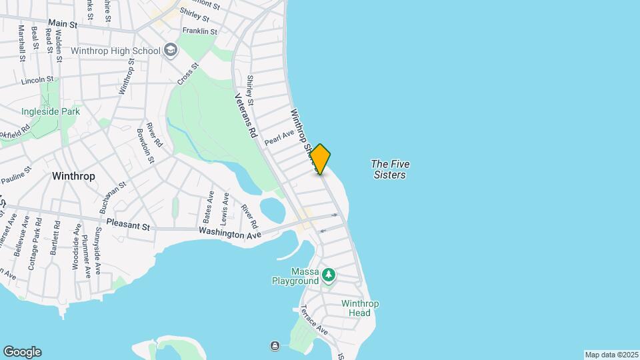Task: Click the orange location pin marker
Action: coord(321,159)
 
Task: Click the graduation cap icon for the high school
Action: coord(171,50)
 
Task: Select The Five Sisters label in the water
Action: coord(390,169)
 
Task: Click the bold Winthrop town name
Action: coord(73,176)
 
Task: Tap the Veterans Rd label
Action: coord(245,114)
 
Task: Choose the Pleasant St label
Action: coord(127,226)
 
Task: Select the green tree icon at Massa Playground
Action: coord(328,274)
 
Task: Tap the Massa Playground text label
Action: coord(295,276)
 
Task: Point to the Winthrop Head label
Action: coord(360,308)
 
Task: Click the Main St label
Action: coord(63,24)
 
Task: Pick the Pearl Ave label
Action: coord(279,138)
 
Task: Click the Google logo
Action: coord(22,352)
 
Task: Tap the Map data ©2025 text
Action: coord(611,355)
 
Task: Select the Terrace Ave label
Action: coord(313,320)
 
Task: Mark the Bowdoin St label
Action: coord(145,145)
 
